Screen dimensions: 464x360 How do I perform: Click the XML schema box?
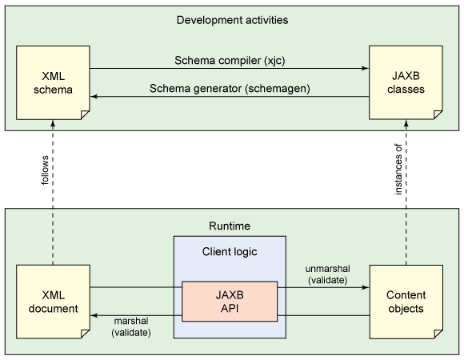53,83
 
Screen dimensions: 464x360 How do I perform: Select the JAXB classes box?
406,82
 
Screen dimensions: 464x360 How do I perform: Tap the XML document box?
53,302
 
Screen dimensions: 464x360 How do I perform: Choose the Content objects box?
406,302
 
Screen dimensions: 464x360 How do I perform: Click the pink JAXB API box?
230,302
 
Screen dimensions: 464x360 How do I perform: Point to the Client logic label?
230,252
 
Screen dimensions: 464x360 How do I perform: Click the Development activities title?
232,20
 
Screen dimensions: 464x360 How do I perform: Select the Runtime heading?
230,226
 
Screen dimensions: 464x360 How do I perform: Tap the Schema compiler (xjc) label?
230,61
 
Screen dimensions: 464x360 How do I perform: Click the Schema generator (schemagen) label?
230,89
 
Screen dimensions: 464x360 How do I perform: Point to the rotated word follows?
45,170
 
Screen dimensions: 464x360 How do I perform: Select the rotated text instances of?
398,170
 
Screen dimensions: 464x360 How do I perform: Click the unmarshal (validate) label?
327,274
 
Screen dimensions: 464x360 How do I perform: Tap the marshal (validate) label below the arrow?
131,327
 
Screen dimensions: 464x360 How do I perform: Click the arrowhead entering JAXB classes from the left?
365,68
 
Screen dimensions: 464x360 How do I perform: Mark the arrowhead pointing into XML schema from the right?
94,97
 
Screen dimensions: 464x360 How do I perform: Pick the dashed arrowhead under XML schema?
53,124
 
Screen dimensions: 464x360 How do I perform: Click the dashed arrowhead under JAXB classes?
406,123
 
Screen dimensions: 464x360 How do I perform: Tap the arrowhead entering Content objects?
366,287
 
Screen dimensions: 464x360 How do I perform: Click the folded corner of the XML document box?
86,334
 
